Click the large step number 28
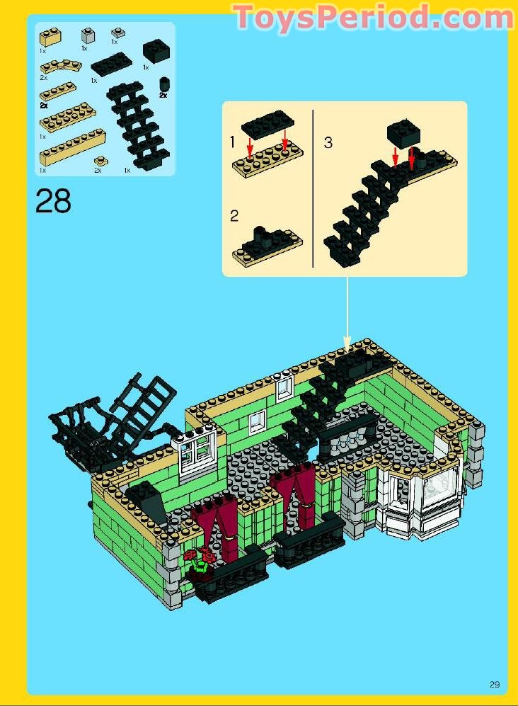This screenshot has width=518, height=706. point(53,201)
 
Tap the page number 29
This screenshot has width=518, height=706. point(495,684)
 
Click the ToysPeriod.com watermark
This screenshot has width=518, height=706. point(374,17)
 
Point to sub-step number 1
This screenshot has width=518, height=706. point(232,142)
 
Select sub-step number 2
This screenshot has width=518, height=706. point(234,216)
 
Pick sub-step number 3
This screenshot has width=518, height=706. point(328,143)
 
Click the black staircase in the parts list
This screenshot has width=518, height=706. point(138,127)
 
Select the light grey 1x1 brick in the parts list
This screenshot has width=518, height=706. point(88,35)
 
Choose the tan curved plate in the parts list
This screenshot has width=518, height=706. point(61,67)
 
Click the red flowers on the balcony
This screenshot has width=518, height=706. point(200,556)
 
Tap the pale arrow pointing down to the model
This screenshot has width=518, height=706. point(347,314)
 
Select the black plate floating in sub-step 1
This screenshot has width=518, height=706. point(267,123)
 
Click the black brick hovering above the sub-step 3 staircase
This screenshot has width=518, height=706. point(404,133)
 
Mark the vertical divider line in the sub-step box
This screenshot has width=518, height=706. point(313,188)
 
